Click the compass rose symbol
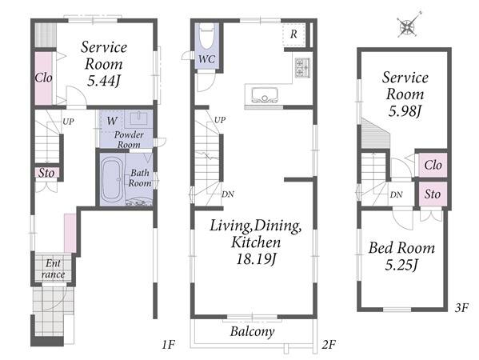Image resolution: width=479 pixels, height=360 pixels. coord(409,25)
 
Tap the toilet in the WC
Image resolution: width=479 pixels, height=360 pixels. coord(207,37)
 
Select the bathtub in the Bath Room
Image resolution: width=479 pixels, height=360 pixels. coord(111,181)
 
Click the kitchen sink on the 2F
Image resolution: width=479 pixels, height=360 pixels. coord(265,94)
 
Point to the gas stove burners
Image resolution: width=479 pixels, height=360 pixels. coord(302,67)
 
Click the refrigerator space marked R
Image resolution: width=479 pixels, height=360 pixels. coord(293,34)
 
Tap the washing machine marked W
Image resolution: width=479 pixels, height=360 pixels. coord(111,121)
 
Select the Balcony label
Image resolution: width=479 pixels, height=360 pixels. coord(253,331)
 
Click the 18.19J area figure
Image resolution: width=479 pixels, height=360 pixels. coord(256,260)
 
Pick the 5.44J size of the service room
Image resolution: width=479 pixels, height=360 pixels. coord(104,81)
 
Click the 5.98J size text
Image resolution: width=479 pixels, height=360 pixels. coord(405,111)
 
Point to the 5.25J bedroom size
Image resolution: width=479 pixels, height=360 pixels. coord(401,265)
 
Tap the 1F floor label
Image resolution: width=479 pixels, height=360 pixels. coord(168,345)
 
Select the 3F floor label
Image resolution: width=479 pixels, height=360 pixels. coord(461,308)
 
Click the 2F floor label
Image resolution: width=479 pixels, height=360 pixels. coord(329,345)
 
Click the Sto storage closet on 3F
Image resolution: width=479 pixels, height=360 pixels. coord(433,194)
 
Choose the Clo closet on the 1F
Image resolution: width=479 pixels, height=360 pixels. coord(43,78)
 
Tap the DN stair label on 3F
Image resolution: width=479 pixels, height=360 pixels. coord(396,194)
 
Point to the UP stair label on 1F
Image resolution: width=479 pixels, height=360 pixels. coord(68,122)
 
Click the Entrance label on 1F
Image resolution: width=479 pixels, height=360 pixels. coord(53,269)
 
